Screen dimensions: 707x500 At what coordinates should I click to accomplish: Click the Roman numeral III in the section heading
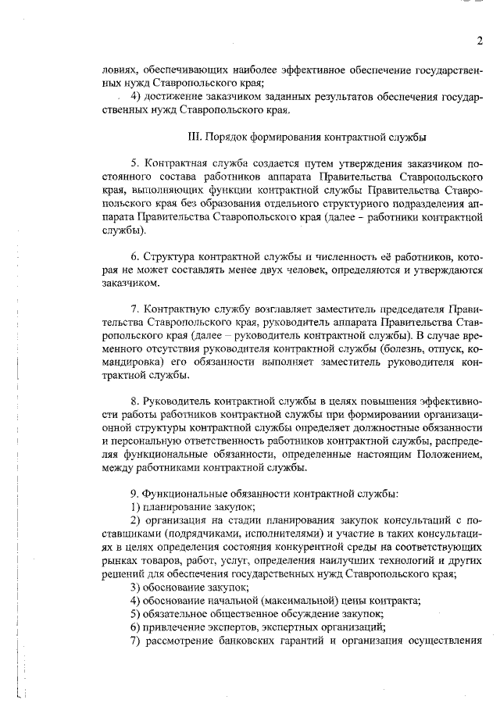pyautogui.click(x=195, y=136)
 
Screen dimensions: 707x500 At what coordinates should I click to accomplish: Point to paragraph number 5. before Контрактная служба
pyautogui.click(x=134, y=164)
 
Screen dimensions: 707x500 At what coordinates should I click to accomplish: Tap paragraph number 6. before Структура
pyautogui.click(x=134, y=257)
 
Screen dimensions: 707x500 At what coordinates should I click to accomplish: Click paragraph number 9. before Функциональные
pyautogui.click(x=134, y=494)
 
